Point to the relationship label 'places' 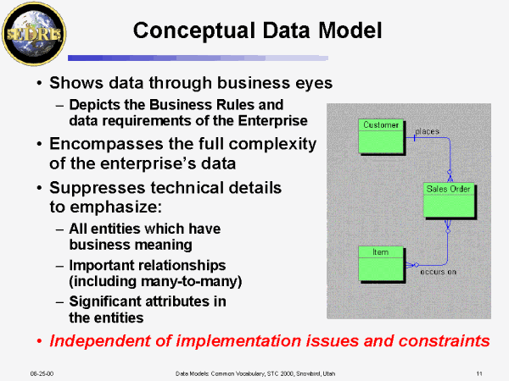click(x=428, y=132)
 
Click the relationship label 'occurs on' click(x=438, y=271)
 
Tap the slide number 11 click(x=479, y=372)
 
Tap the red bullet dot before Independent click(x=39, y=341)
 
